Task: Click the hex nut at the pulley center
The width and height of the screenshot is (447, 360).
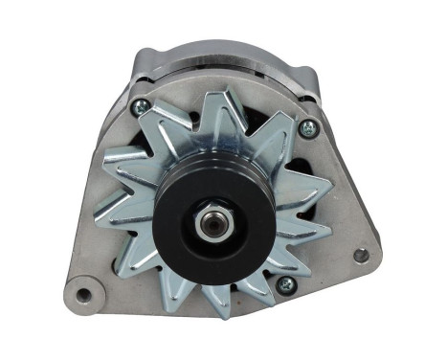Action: [212, 219]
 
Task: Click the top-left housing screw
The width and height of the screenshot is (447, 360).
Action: [140, 107]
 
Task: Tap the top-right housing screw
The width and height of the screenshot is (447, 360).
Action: [307, 127]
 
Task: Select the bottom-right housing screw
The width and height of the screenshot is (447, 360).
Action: [284, 284]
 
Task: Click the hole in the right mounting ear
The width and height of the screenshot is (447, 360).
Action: [360, 256]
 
